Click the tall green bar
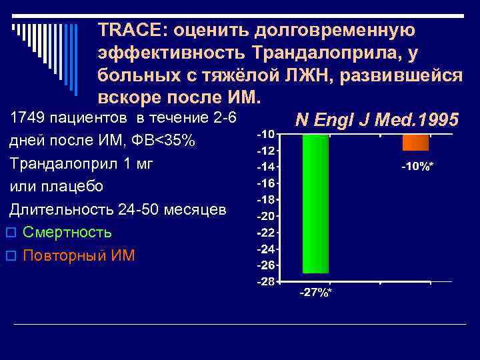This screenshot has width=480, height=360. coord(315,203)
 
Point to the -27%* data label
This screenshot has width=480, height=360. coord(315,293)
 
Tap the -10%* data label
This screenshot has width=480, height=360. coord(417,166)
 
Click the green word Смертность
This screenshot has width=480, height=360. coord(67,232)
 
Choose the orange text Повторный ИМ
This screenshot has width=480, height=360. coord(78,255)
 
